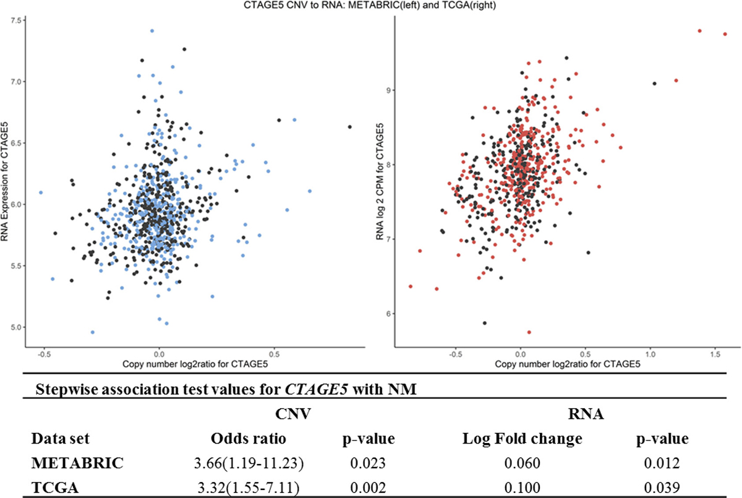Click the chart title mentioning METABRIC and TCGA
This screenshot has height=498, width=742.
click(371, 6)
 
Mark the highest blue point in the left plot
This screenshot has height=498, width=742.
click(151, 30)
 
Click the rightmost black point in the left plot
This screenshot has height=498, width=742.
click(350, 127)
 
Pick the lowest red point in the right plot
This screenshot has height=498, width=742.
click(529, 332)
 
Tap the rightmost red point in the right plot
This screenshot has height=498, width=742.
click(725, 34)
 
